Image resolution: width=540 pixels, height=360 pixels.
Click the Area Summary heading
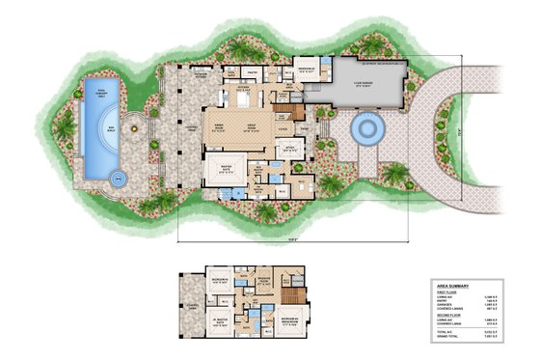[x=452, y=286]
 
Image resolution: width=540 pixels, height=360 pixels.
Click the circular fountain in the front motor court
[x=367, y=127]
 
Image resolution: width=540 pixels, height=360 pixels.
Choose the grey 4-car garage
[x=367, y=86]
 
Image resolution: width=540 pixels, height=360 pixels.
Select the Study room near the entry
[x=286, y=149]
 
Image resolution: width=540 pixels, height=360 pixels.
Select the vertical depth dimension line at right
[x=460, y=130]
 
